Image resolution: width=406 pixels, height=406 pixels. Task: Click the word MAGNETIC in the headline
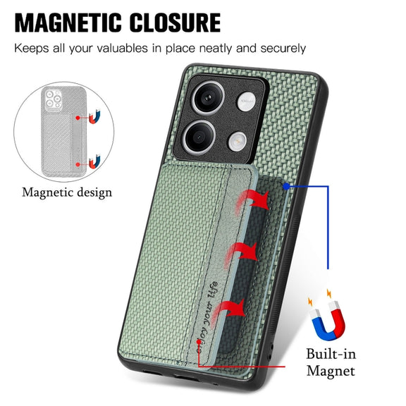[68, 23]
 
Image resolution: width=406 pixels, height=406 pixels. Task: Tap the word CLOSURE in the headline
[175, 23]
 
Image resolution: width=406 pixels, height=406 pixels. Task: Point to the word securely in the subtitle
[283, 49]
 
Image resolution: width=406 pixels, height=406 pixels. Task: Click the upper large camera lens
[208, 97]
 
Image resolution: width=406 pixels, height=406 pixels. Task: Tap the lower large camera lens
[199, 137]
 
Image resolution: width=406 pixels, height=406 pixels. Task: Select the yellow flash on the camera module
[237, 141]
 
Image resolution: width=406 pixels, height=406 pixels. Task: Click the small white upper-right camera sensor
[246, 101]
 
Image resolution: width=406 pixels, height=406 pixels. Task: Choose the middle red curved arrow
[242, 254]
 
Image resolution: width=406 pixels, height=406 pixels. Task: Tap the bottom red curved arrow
[228, 312]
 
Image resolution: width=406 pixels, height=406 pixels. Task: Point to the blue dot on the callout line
[286, 186]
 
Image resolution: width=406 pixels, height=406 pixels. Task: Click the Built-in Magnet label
[331, 362]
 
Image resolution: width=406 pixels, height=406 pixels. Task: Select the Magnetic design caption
[67, 193]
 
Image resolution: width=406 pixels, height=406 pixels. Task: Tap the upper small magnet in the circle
[94, 117]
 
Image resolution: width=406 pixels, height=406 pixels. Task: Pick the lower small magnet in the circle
[94, 161]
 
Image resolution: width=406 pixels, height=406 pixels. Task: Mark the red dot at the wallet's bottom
[199, 342]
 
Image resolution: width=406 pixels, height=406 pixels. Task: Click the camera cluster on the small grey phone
[53, 99]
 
